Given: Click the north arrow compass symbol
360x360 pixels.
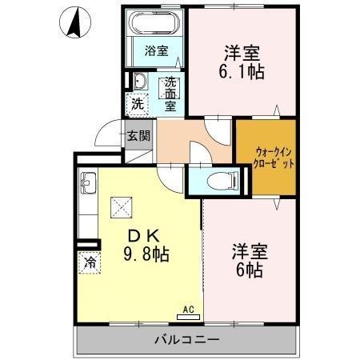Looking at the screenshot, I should (73, 22).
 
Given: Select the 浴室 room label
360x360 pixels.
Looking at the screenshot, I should (156, 51).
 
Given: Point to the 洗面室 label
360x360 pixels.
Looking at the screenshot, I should (170, 92).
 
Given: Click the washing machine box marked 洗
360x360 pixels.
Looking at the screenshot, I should (137, 103).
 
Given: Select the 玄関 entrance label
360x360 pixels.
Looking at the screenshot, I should (138, 135).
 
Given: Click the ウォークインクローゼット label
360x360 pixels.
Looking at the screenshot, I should (265, 156).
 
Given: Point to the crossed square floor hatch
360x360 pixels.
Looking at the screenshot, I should (122, 208).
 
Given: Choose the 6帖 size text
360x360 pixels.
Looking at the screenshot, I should (250, 269).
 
